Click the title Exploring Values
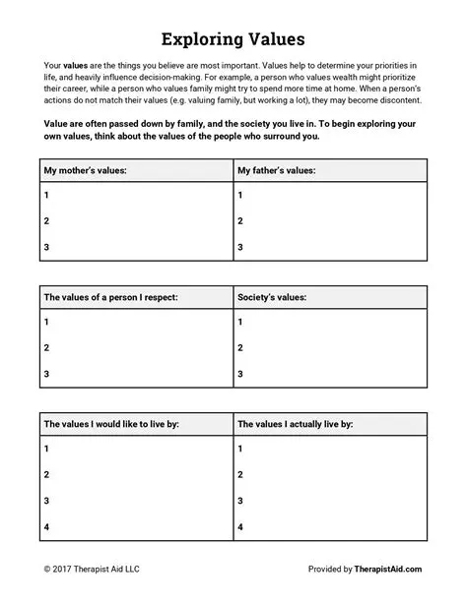pyautogui.click(x=233, y=40)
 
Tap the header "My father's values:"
pyautogui.click(x=279, y=171)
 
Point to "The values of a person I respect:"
pyautogui.click(x=110, y=296)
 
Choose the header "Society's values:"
pyautogui.click(x=273, y=296)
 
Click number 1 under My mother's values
pyautogui.click(x=46, y=197)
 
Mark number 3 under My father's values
pyautogui.click(x=240, y=247)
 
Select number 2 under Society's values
pyautogui.click(x=240, y=347)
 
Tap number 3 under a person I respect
pyautogui.click(x=46, y=373)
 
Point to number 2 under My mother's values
pyautogui.click(x=46, y=222)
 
